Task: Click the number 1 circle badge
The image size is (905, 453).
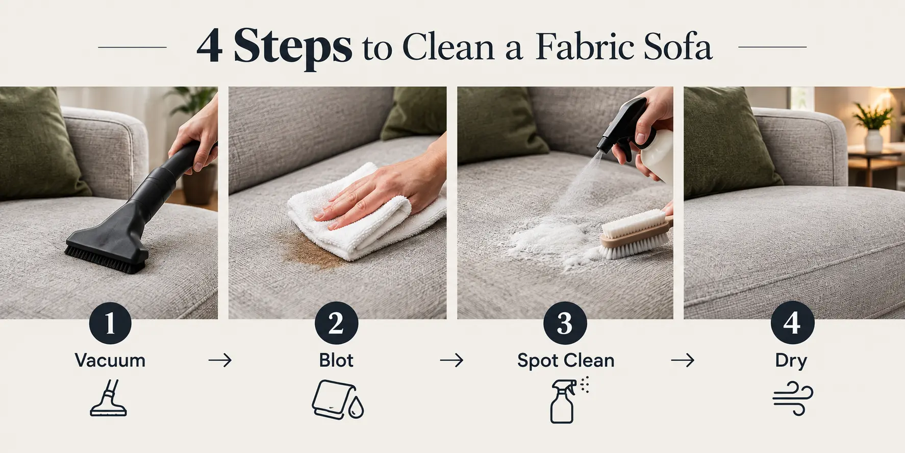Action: pyautogui.click(x=110, y=323)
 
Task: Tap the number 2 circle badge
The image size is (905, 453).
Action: pyautogui.click(x=336, y=323)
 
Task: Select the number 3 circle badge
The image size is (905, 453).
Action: pyautogui.click(x=565, y=323)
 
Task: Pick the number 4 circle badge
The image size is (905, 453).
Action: pyautogui.click(x=792, y=323)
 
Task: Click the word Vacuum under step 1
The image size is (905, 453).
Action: pyautogui.click(x=110, y=361)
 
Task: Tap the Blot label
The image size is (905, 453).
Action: pyautogui.click(x=336, y=361)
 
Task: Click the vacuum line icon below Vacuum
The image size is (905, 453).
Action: pyautogui.click(x=109, y=397)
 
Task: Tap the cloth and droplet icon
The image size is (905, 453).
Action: pyautogui.click(x=338, y=400)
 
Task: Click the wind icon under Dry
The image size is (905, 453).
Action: pyautogui.click(x=793, y=398)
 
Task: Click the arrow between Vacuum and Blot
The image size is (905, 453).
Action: pyautogui.click(x=220, y=361)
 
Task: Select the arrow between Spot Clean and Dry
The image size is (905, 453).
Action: pyautogui.click(x=683, y=361)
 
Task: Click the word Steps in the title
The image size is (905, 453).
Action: pyautogui.click(x=292, y=47)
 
